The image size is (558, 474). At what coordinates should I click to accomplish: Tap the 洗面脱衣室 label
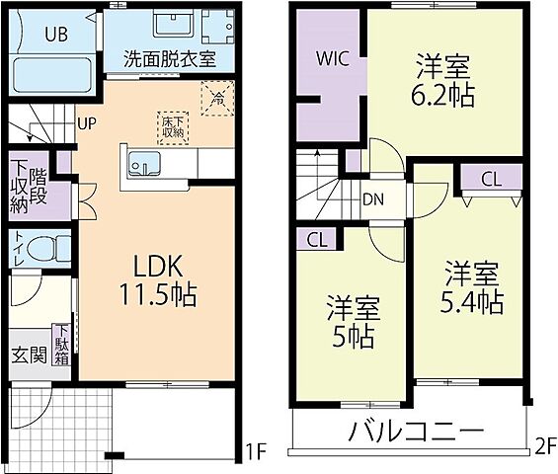click(170, 57)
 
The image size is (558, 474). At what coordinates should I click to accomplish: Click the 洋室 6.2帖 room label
click(442, 80)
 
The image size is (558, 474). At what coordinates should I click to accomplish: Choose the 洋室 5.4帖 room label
click(471, 285)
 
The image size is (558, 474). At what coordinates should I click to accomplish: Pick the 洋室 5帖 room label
click(352, 321)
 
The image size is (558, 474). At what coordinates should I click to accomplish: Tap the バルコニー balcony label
click(415, 431)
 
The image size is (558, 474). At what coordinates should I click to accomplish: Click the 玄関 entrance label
click(27, 354)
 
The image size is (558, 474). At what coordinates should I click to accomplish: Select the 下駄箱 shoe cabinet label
click(62, 347)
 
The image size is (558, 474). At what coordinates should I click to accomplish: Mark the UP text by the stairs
click(87, 124)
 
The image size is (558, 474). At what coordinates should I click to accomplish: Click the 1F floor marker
click(256, 455)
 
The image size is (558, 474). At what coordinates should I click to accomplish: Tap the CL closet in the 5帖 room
click(317, 238)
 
